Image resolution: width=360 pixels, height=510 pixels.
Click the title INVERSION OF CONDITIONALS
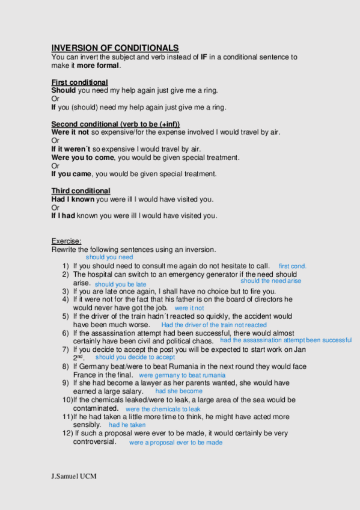click(115, 48)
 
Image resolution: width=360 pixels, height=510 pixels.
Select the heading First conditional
click(79, 82)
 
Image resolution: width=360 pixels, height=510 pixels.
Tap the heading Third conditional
click(81, 191)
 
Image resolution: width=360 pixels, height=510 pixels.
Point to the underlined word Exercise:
click(66, 241)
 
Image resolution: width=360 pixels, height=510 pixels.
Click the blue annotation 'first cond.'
click(293, 266)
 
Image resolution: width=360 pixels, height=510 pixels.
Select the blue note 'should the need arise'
click(270, 281)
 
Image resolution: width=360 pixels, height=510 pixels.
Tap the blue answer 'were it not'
click(189, 308)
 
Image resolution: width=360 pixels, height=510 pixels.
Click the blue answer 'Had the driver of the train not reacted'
click(214, 325)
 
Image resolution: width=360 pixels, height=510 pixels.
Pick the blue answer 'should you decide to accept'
click(135, 357)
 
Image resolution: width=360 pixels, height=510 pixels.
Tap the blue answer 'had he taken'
click(127, 425)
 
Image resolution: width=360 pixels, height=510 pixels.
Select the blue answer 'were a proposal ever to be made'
click(175, 443)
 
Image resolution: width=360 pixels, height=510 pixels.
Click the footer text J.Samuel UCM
click(74, 476)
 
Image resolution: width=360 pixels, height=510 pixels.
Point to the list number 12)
click(67, 433)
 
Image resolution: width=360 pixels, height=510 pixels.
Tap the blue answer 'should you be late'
click(120, 284)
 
